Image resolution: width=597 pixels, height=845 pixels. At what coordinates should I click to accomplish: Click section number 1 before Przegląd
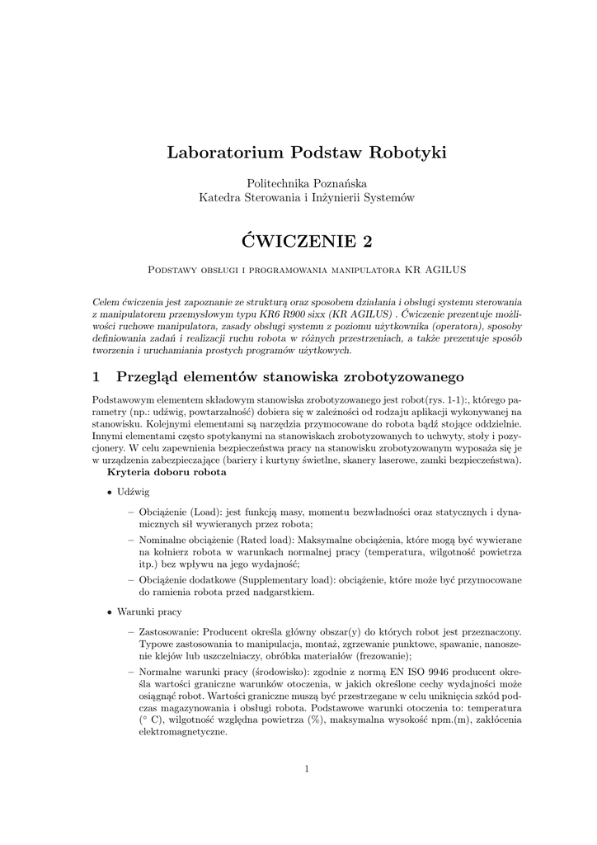(x=96, y=377)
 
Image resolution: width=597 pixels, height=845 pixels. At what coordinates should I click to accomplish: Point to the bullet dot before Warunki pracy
(x=110, y=613)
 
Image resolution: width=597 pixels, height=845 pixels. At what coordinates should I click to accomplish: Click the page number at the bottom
(x=306, y=769)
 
